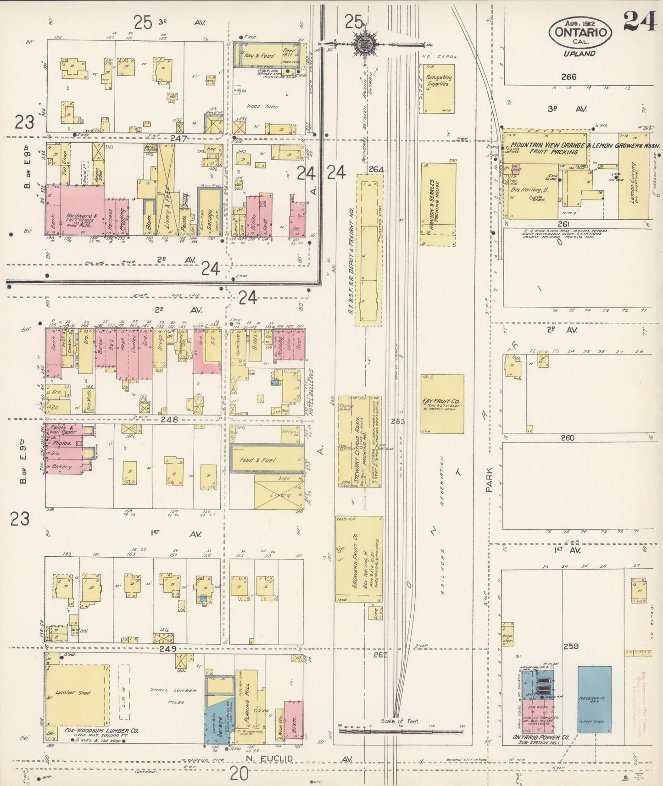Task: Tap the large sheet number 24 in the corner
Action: [x=640, y=21]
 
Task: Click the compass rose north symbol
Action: [x=366, y=44]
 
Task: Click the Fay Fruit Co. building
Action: [x=442, y=404]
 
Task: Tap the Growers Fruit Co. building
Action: [x=358, y=559]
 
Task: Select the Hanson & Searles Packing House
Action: [x=438, y=204]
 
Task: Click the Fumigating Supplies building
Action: [x=438, y=88]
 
